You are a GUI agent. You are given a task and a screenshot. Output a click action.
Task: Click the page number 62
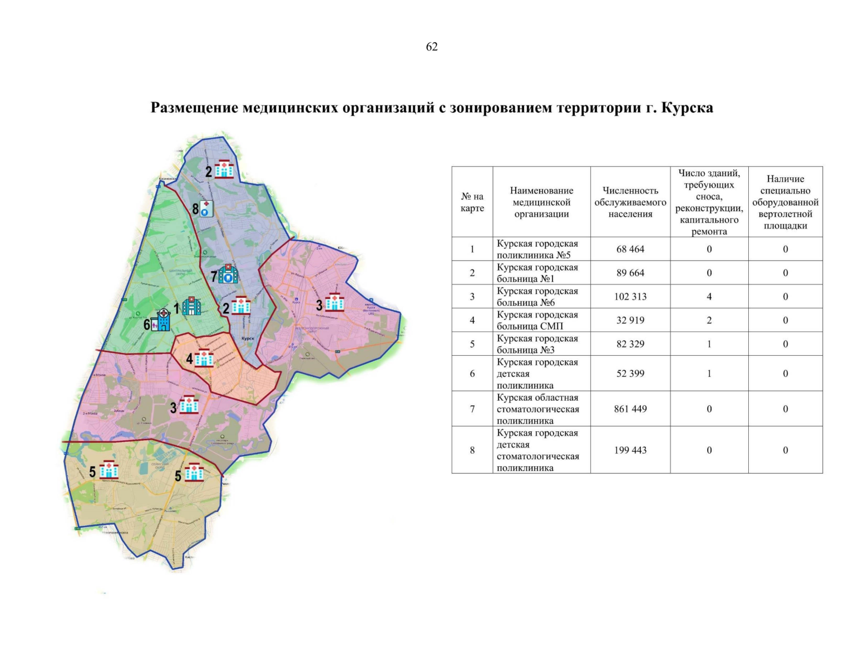tap(432, 47)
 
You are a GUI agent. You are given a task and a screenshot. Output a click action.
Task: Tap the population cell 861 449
tap(630, 409)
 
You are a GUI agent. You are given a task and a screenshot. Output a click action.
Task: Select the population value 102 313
tap(630, 297)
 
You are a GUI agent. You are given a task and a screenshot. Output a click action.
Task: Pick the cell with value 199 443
tap(630, 450)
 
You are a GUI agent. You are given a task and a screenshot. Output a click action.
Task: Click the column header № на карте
tap(472, 202)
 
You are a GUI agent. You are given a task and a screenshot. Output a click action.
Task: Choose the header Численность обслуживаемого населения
tap(630, 202)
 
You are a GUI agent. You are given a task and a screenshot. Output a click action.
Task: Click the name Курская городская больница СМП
tap(537, 321)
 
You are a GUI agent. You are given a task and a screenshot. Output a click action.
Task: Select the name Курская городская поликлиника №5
tap(537, 250)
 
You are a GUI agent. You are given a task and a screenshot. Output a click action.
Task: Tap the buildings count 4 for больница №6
tap(709, 297)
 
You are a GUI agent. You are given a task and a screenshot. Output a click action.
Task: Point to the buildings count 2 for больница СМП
tap(709, 321)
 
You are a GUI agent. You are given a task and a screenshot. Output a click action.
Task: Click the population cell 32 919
tap(630, 321)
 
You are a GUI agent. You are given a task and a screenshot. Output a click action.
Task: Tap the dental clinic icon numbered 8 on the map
tap(206, 209)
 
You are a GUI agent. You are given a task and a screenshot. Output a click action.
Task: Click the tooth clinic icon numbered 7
tap(228, 274)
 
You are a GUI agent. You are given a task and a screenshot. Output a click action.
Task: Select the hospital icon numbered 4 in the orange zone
tap(204, 359)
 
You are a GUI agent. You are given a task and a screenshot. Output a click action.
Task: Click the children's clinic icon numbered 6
tap(161, 320)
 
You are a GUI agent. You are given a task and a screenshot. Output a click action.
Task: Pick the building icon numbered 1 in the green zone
tap(191, 306)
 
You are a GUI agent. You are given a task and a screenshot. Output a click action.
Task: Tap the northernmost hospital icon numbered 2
tap(224, 170)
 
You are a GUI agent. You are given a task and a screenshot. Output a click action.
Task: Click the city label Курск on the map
tap(248, 339)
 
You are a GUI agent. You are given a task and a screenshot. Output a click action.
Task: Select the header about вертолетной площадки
tap(785, 202)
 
